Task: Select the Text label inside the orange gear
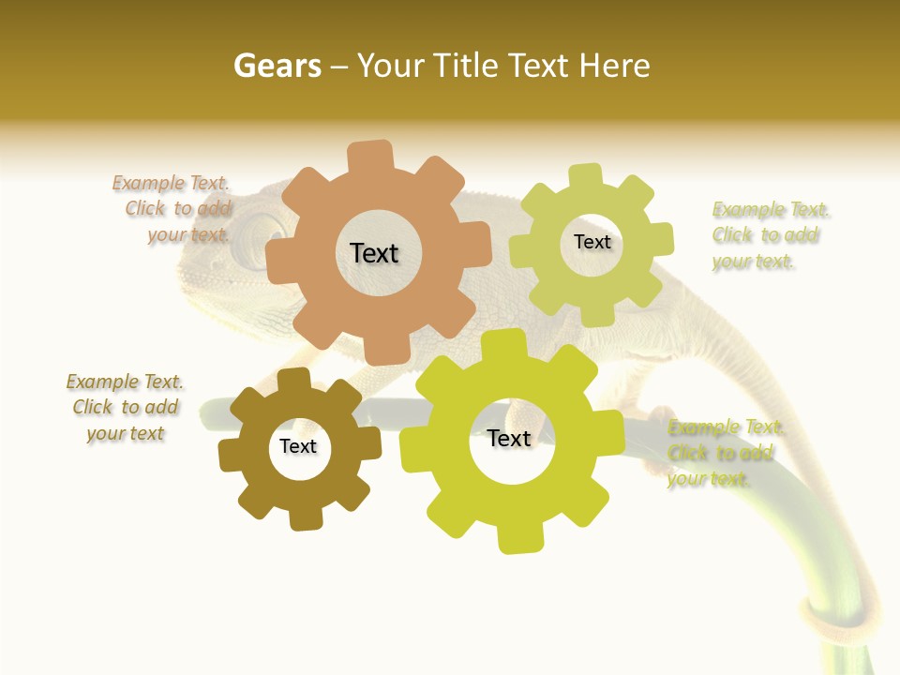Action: (x=374, y=253)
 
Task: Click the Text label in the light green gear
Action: (x=592, y=242)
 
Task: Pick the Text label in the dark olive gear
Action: (x=298, y=447)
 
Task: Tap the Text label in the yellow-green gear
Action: (x=509, y=439)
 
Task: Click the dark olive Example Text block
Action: (x=126, y=408)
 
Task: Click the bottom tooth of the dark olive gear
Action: (x=305, y=517)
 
